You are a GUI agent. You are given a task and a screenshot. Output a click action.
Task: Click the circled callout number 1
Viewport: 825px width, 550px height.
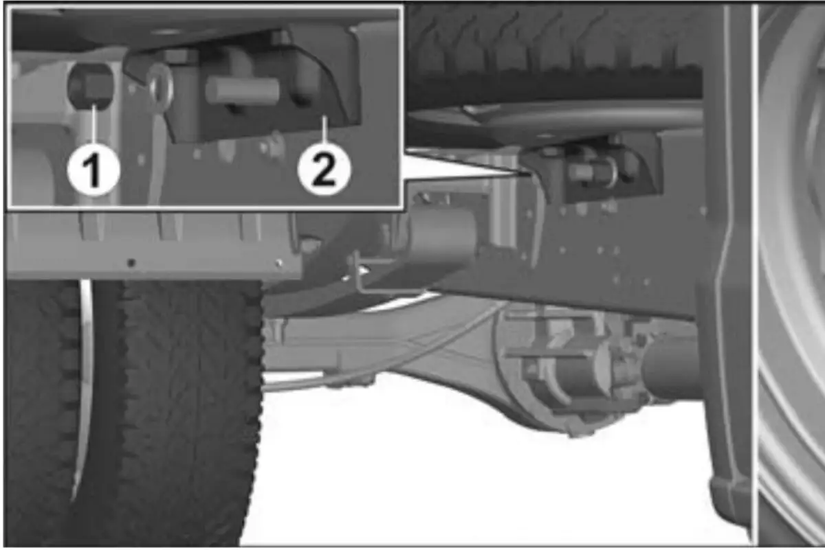click(x=93, y=171)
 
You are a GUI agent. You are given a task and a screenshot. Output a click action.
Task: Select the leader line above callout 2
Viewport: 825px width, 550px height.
click(x=324, y=130)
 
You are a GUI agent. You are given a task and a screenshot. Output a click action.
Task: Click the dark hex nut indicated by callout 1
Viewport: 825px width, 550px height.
click(x=91, y=86)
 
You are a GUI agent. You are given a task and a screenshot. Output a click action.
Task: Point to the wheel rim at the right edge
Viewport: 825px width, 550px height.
click(x=792, y=276)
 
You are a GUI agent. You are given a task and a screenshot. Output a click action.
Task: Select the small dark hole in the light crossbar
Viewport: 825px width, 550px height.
click(x=131, y=263)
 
